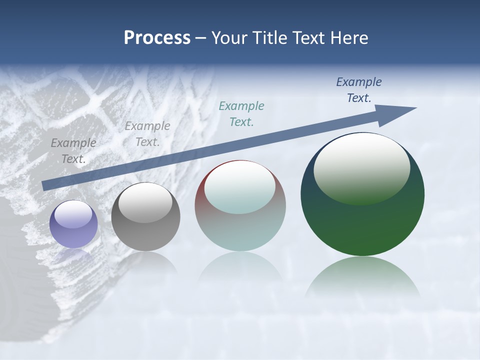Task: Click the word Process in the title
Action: point(157,38)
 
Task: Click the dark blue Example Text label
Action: point(359,90)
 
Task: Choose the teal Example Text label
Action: point(241,113)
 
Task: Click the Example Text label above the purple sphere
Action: point(73,150)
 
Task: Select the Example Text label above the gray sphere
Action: point(147,133)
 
